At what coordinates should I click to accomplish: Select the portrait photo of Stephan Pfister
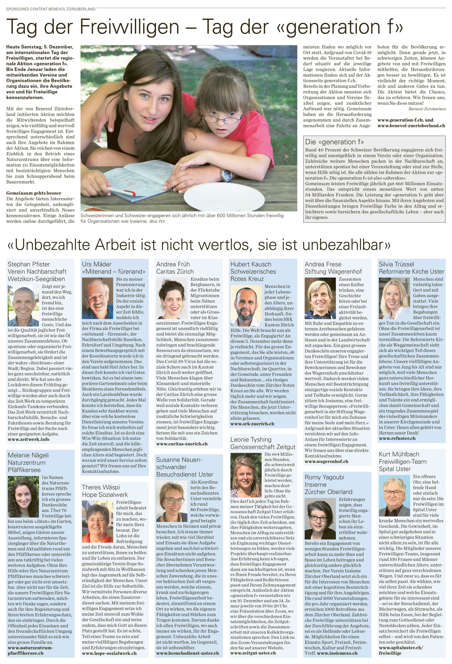(23, 306)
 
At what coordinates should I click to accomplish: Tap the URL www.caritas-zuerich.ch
(182, 444)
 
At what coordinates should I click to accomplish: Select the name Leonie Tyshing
(251, 439)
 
